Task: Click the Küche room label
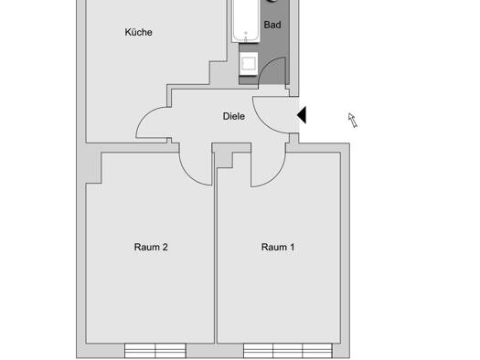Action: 138,32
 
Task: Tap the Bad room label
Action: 272,25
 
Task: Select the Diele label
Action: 234,116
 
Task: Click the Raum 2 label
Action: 151,247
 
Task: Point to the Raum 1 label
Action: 278,247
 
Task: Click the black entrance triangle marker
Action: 302,115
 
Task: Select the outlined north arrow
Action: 353,120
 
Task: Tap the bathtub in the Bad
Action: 246,20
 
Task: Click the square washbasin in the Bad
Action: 249,64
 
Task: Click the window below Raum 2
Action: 155,351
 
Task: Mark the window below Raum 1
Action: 288,351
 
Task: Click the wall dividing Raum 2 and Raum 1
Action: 216,256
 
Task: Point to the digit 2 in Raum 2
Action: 165,247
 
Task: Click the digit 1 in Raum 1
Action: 293,247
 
